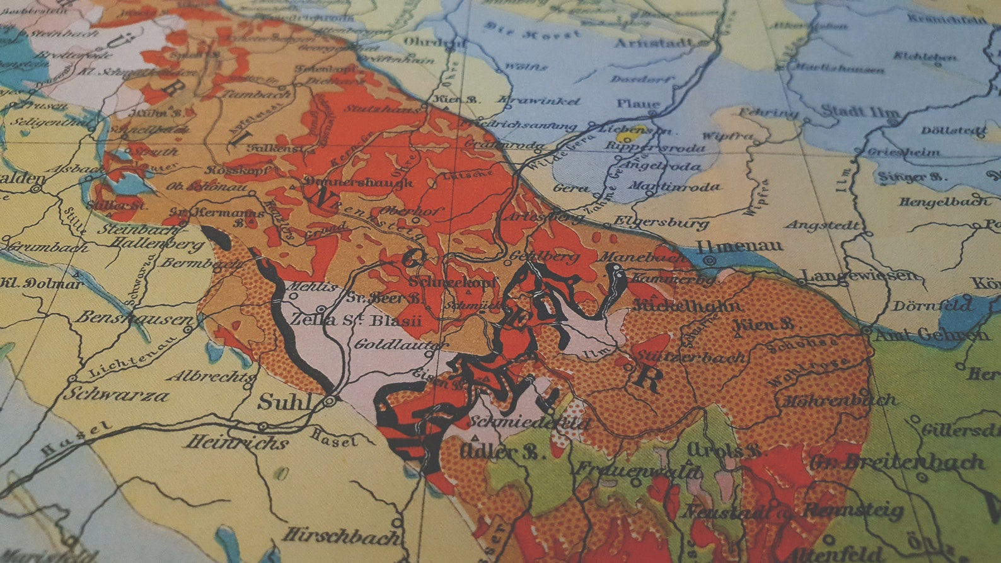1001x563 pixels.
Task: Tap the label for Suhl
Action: click(x=285, y=402)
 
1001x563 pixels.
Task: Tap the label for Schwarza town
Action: click(x=116, y=395)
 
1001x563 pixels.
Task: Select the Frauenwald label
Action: click(x=637, y=470)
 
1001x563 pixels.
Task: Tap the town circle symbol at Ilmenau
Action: click(x=710, y=259)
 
